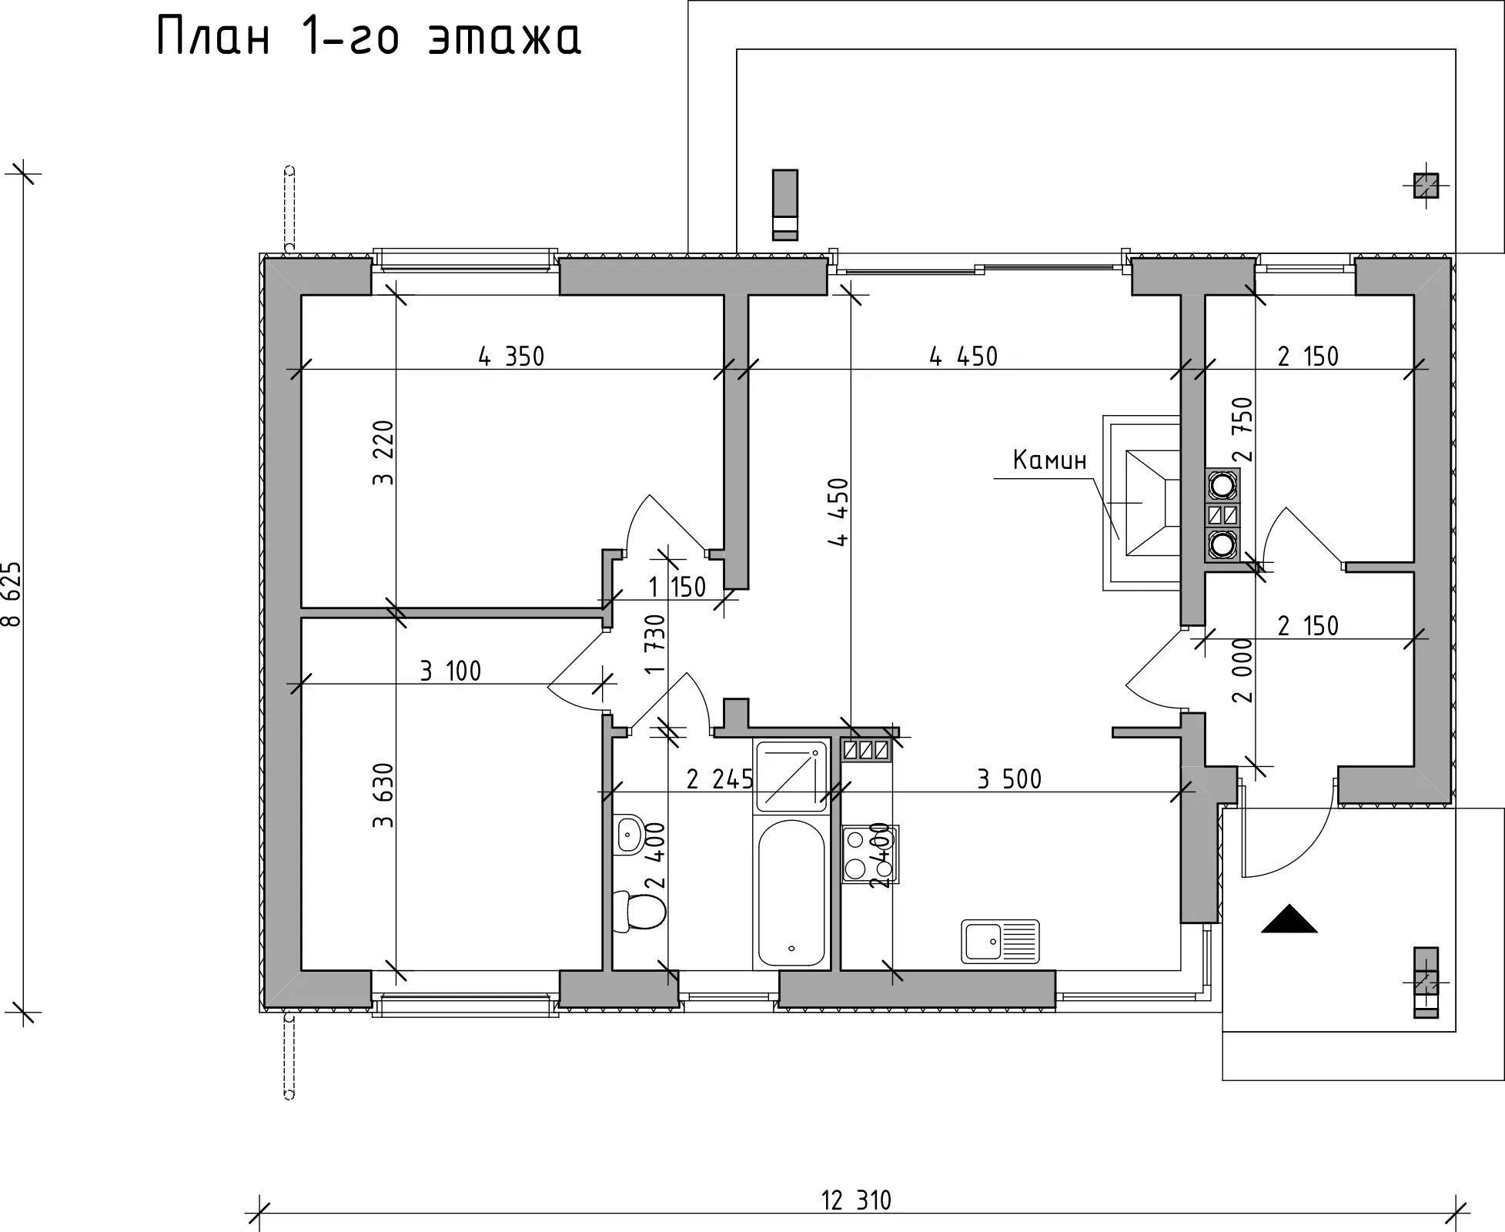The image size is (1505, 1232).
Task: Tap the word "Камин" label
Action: click(x=1049, y=460)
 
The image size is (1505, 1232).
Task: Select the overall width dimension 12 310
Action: click(x=856, y=1200)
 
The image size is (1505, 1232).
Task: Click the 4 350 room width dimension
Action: click(x=511, y=357)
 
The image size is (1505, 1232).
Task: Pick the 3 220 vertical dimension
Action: click(x=383, y=453)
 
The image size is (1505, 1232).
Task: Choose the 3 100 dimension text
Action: click(x=450, y=671)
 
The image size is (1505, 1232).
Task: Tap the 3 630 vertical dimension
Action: click(x=383, y=795)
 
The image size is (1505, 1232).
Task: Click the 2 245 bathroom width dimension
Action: click(x=720, y=780)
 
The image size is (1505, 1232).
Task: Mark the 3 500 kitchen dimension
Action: click(x=1009, y=779)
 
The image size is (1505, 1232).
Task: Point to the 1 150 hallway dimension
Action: click(x=677, y=588)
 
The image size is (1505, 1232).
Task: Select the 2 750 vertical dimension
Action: click(x=1242, y=429)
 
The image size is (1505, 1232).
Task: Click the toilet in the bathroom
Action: click(x=640, y=912)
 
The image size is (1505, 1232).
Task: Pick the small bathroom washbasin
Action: click(x=630, y=833)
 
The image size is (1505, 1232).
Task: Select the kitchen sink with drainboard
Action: click(x=1000, y=941)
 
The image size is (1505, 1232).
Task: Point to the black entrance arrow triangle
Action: click(x=1289, y=919)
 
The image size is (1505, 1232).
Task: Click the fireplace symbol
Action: click(x=1142, y=503)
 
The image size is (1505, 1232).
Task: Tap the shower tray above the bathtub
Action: click(x=792, y=775)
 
